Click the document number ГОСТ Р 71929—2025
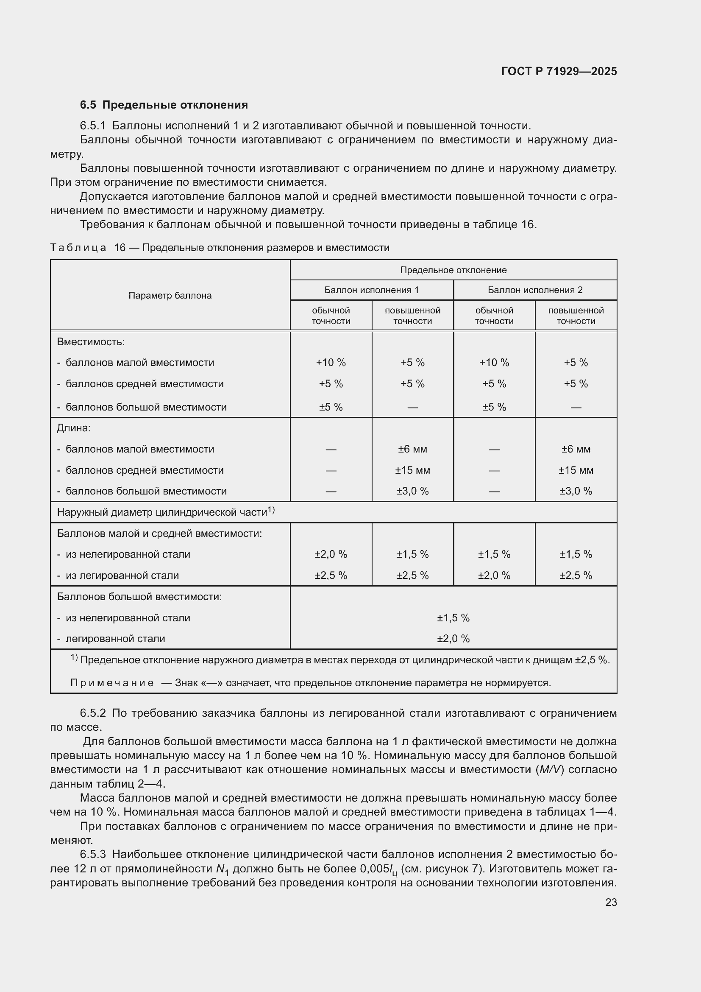[x=559, y=71]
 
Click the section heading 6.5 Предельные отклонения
[x=164, y=105]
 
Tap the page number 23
[x=611, y=902]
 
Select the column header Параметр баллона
[x=170, y=296]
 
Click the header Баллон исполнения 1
[x=371, y=290]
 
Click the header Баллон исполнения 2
[x=535, y=290]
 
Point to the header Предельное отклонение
[x=453, y=270]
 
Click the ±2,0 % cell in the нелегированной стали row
[x=331, y=554]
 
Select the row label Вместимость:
[x=91, y=342]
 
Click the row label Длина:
[x=74, y=428]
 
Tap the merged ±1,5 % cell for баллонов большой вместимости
[x=453, y=618]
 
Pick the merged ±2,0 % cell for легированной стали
[x=453, y=639]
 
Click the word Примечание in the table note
[x=112, y=683]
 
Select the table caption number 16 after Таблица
[x=120, y=248]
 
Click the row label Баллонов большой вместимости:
[x=139, y=597]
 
